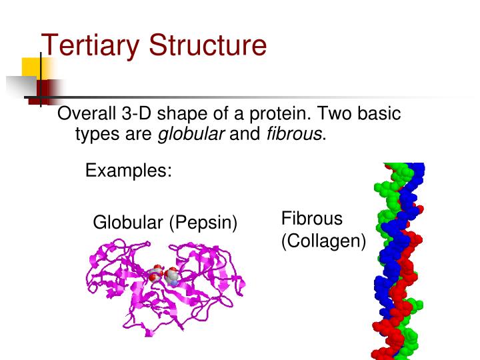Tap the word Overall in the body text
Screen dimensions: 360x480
[x=85, y=113]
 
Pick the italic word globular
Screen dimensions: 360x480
[x=191, y=135]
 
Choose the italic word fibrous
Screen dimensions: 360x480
[x=294, y=135]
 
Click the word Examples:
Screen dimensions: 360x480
[x=129, y=171]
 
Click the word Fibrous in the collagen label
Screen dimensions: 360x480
[x=311, y=219]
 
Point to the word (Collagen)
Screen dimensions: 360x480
[x=323, y=241]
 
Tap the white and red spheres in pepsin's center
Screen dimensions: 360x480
[x=166, y=275]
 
